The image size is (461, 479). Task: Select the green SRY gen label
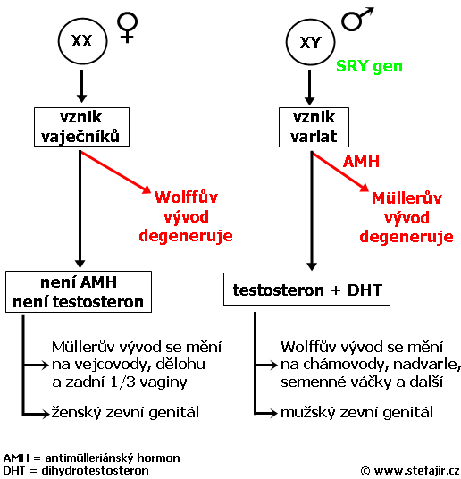click(369, 66)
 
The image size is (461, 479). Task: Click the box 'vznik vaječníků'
click(81, 127)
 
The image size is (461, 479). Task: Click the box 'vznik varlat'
click(314, 127)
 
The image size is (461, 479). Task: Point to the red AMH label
click(361, 161)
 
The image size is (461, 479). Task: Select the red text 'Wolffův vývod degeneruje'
click(186, 217)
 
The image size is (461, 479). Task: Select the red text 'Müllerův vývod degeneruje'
click(407, 217)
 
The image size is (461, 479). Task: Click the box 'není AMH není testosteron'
click(79, 291)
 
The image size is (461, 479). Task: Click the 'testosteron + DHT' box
click(306, 290)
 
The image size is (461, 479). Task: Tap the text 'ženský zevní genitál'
click(125, 412)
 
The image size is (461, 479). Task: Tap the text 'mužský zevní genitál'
click(356, 412)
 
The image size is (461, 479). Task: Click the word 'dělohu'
click(180, 364)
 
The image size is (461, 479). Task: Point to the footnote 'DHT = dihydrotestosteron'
click(76, 470)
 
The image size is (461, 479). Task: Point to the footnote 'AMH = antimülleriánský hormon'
click(91, 458)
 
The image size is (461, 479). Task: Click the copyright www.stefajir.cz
click(410, 471)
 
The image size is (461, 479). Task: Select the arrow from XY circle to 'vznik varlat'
click(309, 88)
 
